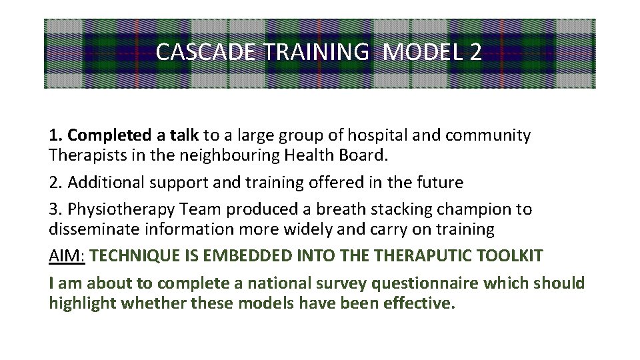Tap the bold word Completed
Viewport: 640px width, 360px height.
pos(109,136)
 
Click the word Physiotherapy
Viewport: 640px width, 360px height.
pos(117,209)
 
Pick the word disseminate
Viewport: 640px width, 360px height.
pos(95,230)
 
